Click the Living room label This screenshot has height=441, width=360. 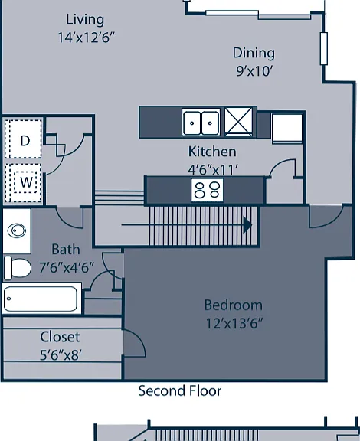[x=85, y=20]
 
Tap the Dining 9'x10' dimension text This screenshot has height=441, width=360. [x=254, y=71]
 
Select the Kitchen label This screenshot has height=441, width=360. [x=212, y=152]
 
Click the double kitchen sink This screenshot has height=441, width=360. [x=201, y=122]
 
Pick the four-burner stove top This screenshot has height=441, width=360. [x=207, y=190]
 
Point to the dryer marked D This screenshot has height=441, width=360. [x=25, y=139]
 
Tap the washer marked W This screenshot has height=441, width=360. [x=25, y=182]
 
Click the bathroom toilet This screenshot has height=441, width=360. [x=18, y=268]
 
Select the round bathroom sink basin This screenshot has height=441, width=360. [x=17, y=231]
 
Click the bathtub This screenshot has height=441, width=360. [x=41, y=299]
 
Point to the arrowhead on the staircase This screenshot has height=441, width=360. [x=247, y=225]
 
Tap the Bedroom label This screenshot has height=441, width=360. [x=234, y=305]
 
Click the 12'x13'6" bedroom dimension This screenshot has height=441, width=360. [x=234, y=323]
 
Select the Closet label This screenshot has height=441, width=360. [x=60, y=337]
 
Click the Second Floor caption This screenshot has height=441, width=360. [x=180, y=391]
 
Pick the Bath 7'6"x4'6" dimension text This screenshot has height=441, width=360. [x=67, y=267]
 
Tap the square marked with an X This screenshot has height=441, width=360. [x=239, y=122]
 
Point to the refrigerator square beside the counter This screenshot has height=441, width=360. [x=287, y=129]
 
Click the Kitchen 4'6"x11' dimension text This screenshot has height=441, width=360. [x=213, y=170]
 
